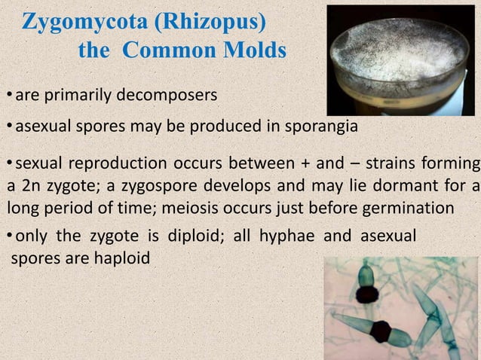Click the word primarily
[x=77, y=96]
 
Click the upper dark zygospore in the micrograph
[x=366, y=294]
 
